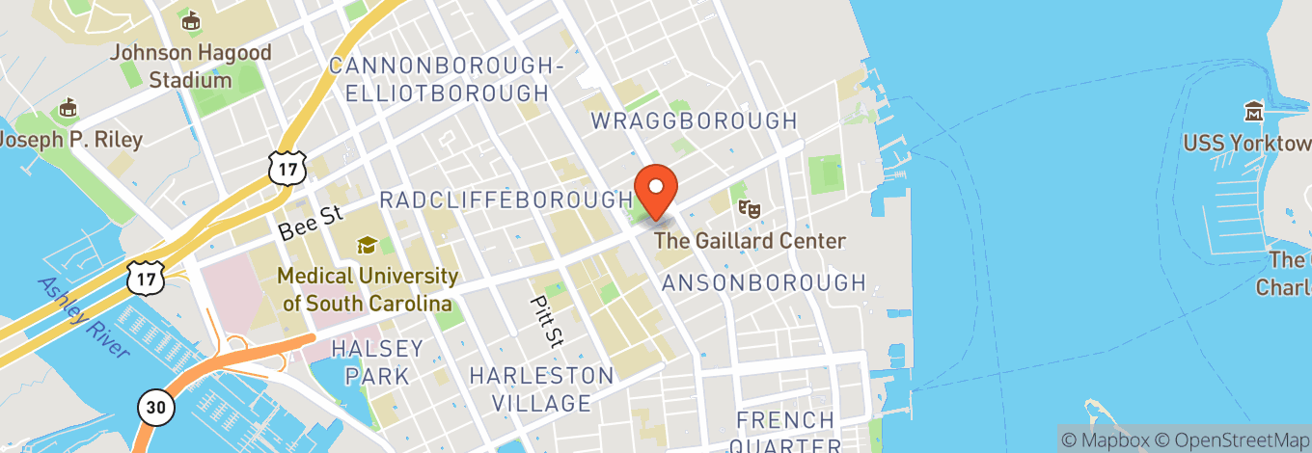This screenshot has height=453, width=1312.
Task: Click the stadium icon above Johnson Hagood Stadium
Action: pyautogui.click(x=190, y=20)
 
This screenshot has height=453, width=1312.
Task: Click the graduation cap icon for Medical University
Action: pyautogui.click(x=366, y=245)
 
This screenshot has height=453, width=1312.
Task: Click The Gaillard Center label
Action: pyautogui.click(x=750, y=241)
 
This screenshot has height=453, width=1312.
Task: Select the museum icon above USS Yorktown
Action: pyautogui.click(x=1254, y=112)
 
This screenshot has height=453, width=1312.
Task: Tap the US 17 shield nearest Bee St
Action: pyautogui.click(x=288, y=167)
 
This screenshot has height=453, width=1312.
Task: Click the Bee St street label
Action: pyautogui.click(x=311, y=224)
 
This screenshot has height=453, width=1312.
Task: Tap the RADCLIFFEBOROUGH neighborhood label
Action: pyautogui.click(x=506, y=200)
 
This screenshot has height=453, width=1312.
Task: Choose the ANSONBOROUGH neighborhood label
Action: pyautogui.click(x=763, y=282)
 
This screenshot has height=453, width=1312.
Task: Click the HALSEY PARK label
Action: pyautogui.click(x=377, y=360)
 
